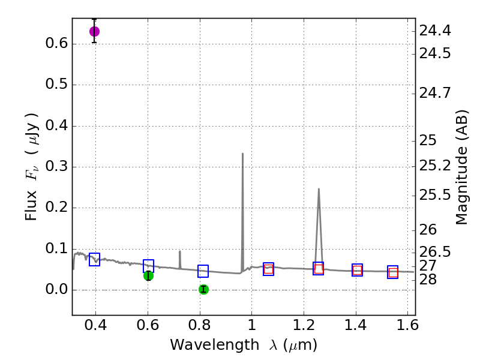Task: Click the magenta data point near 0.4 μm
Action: point(94,31)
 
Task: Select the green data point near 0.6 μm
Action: point(148,275)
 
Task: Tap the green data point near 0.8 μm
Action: point(203,289)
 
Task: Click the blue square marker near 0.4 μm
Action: point(94,259)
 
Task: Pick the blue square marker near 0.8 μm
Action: point(203,271)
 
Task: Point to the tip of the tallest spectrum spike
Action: point(242,154)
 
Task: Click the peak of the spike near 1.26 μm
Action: point(319,189)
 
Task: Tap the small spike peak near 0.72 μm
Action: point(179,251)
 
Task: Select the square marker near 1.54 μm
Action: point(392,272)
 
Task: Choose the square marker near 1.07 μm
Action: point(268,269)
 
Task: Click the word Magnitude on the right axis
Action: point(461,180)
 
